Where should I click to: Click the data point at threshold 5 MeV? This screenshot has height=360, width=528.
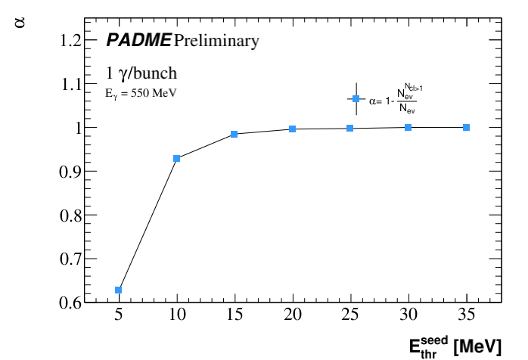point(119,290)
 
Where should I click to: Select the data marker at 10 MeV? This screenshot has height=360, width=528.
point(176,158)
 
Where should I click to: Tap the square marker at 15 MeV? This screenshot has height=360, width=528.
point(234,134)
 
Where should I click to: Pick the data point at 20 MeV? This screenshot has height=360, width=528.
point(292,129)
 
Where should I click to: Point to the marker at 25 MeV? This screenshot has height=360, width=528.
point(350,128)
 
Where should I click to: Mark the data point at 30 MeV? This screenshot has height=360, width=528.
point(408,127)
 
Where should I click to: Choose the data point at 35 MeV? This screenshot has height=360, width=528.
point(466,127)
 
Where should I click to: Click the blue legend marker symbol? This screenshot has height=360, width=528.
point(356,99)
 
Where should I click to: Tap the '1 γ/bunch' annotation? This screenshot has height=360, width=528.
point(141,74)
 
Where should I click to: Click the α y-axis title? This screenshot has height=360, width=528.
point(20,23)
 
